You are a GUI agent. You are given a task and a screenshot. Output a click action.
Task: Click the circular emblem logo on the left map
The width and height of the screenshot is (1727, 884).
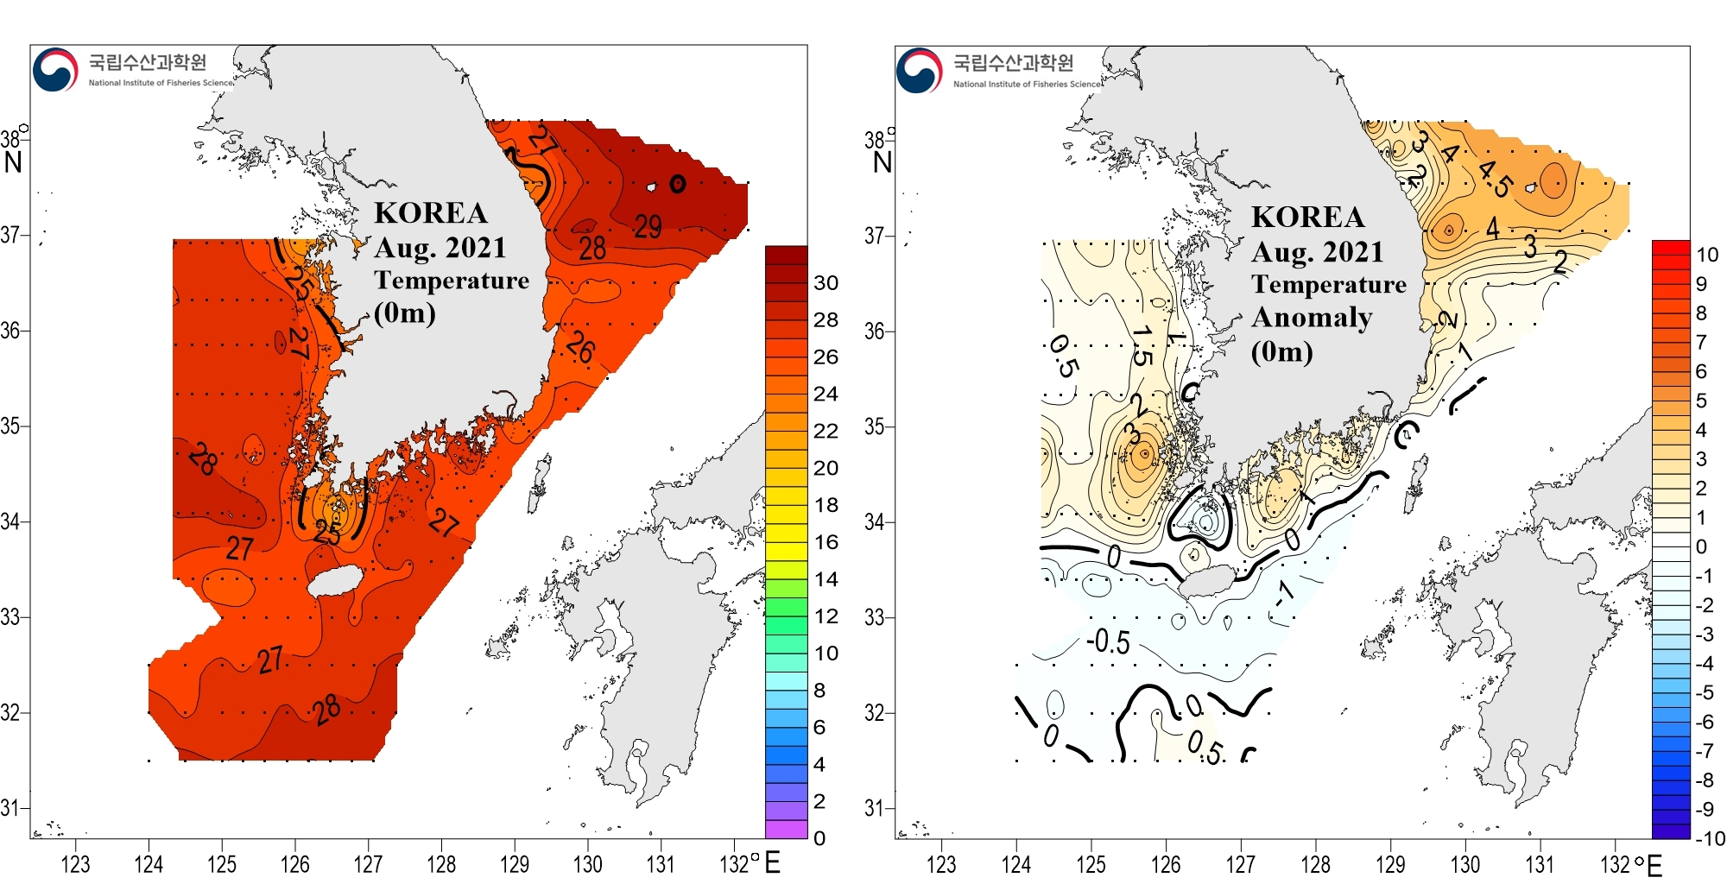click(55, 70)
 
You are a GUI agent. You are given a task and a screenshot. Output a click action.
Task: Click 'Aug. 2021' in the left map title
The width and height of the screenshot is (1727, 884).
click(440, 248)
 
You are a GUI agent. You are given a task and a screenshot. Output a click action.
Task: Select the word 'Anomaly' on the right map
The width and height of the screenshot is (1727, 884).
click(1312, 318)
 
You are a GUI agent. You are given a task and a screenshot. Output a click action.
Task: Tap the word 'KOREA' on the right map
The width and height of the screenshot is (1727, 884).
click(1307, 217)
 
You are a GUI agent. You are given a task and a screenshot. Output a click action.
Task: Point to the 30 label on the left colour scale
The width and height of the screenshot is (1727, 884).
click(826, 283)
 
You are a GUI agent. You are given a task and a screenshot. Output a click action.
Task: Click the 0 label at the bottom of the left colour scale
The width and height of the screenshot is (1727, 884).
click(819, 838)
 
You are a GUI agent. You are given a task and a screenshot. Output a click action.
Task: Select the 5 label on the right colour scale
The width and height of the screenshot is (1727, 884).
click(1701, 401)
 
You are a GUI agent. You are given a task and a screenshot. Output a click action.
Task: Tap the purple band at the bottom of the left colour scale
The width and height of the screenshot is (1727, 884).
click(786, 829)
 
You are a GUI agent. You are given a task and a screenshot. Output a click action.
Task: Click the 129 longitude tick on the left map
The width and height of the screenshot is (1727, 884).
click(515, 863)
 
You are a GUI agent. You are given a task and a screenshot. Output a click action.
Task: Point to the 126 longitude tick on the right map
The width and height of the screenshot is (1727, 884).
click(1166, 863)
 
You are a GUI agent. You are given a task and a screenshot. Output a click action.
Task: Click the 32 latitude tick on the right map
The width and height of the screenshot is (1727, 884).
click(875, 713)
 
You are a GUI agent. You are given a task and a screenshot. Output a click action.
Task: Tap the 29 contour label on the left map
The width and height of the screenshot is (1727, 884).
click(648, 226)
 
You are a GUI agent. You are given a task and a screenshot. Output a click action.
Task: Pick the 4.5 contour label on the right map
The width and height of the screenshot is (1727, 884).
click(1496, 178)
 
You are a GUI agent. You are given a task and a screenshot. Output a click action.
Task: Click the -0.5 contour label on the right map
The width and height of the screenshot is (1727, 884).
click(1108, 642)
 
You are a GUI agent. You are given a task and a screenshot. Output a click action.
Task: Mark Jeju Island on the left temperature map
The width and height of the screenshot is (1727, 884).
click(336, 581)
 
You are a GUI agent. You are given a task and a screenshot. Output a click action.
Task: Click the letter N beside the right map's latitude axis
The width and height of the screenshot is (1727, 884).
click(882, 162)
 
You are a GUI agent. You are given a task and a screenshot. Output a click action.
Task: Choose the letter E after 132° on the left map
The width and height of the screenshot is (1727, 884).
click(772, 862)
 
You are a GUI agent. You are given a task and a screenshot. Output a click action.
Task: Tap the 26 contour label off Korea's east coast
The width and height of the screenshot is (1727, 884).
click(581, 347)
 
